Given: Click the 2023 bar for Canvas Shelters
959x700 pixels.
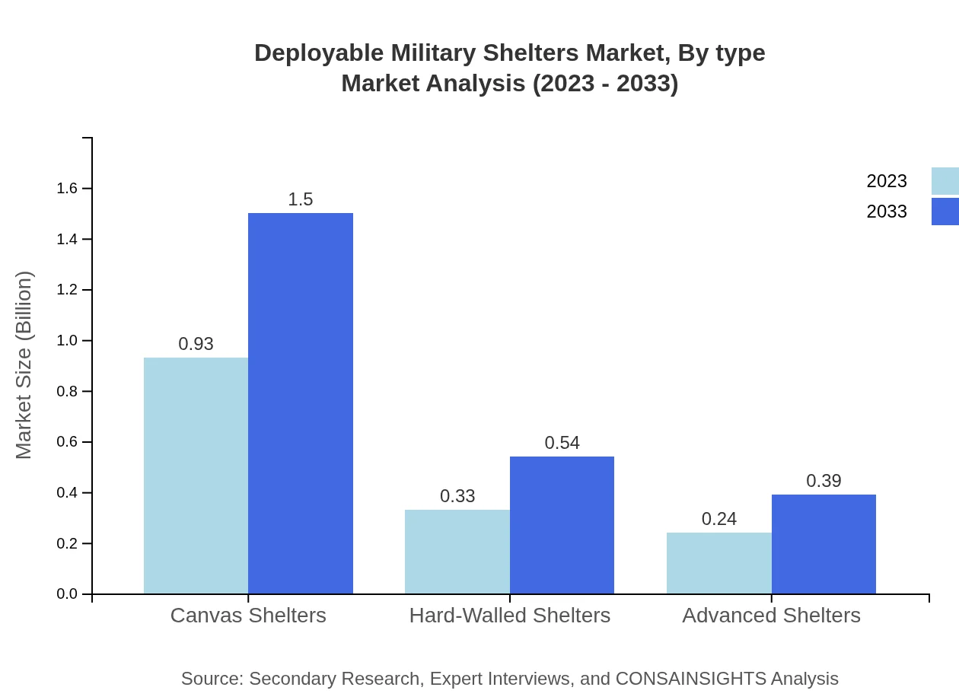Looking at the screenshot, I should [196, 476].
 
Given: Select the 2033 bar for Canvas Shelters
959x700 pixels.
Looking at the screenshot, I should [301, 403].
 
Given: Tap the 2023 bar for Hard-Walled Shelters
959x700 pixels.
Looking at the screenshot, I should [457, 552].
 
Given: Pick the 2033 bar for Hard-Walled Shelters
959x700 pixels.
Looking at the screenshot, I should [562, 525].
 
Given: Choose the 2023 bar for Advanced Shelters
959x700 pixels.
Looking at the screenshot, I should [718, 563].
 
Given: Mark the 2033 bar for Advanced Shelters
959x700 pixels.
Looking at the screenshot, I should [824, 544].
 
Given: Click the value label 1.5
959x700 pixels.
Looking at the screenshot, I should [301, 199].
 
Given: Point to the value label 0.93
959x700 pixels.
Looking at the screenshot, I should [196, 344].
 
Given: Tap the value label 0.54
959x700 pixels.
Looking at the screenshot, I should [562, 443].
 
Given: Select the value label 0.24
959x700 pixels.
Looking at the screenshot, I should [718, 519].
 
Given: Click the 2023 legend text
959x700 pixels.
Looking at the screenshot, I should [887, 181].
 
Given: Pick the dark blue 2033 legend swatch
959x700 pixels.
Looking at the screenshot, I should [945, 212].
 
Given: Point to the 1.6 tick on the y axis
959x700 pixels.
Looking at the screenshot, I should [68, 189].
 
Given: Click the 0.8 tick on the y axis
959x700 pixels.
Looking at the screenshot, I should [68, 392].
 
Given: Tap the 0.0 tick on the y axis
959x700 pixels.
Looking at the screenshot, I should [68, 594].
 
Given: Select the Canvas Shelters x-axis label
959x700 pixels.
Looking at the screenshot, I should [248, 616].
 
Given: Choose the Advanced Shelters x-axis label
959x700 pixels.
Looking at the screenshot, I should [771, 616].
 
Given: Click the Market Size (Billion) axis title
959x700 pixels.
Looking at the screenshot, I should [24, 365].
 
